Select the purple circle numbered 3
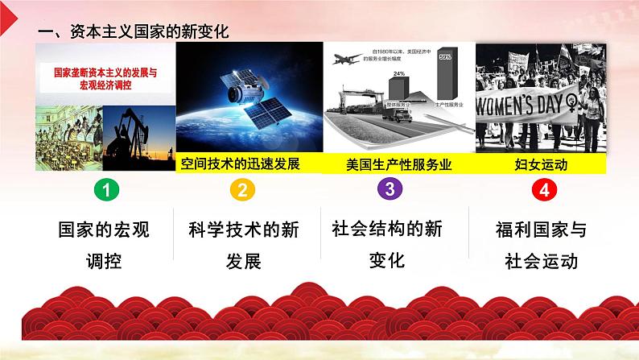click(x=389, y=190)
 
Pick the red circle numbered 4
click(x=544, y=191)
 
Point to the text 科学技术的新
click(x=242, y=230)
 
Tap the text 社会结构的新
click(x=388, y=229)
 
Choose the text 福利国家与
click(x=541, y=230)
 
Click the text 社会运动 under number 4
click(x=541, y=261)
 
